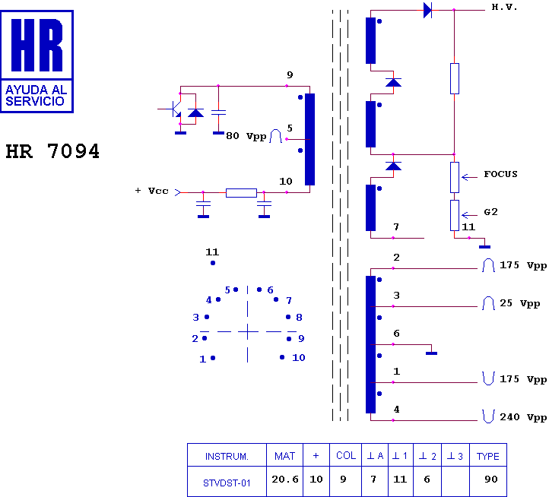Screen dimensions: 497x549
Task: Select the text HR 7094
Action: pos(52,151)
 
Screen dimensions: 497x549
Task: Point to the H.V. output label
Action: pos(504,7)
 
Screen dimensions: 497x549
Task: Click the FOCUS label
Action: pos(500,174)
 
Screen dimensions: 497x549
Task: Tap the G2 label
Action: pos(490,211)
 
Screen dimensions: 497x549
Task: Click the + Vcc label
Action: pos(151,191)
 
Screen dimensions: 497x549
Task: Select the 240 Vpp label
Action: pos(523,417)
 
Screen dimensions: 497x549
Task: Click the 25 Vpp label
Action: pos(520,304)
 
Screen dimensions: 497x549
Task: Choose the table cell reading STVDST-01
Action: pos(227,482)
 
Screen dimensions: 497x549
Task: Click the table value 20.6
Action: pos(284,480)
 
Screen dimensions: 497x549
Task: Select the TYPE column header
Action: pos(487,456)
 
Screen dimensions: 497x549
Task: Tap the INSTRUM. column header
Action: pos(227,456)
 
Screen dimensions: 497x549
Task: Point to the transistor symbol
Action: pos(174,109)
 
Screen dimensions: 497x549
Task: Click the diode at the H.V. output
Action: pos(427,10)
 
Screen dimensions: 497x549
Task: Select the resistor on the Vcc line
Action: pos(241,192)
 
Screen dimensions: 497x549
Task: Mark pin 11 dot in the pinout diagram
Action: pos(213,263)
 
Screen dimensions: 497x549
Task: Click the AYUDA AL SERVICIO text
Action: pos(36,95)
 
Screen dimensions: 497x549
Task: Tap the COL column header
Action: pos(346,456)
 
